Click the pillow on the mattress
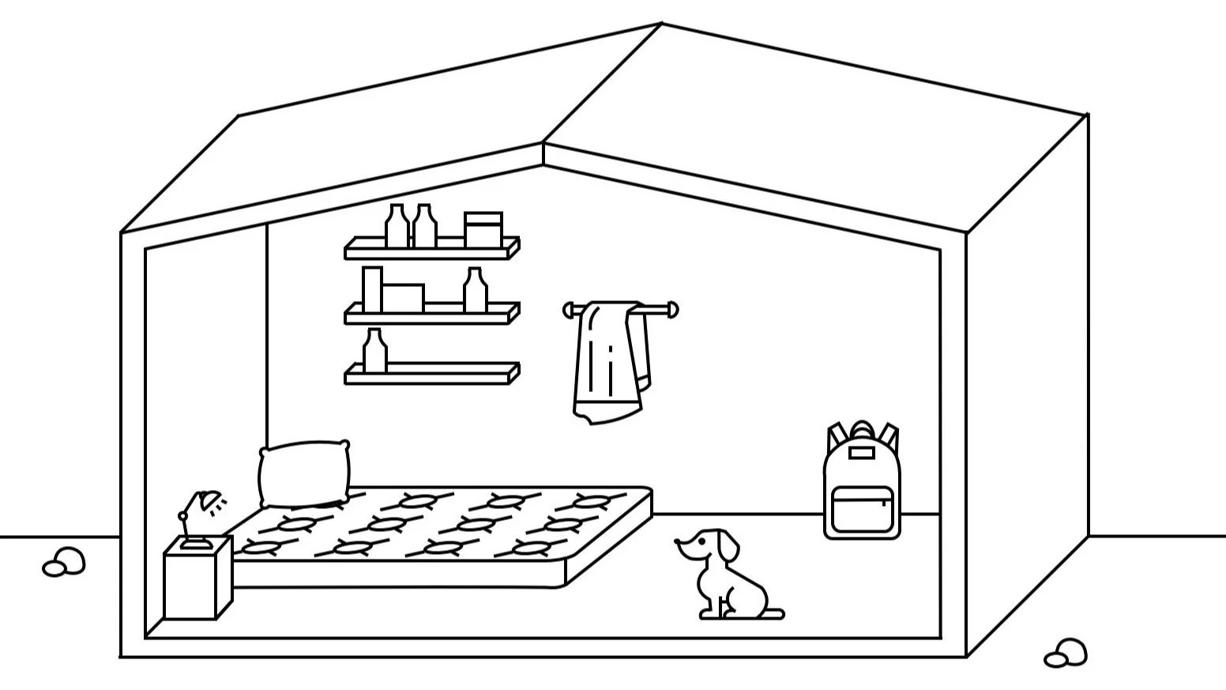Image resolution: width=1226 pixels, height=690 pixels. pyautogui.click(x=304, y=473)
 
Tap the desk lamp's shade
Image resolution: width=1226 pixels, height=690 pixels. pyautogui.click(x=209, y=501)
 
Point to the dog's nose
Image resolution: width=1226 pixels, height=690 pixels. pyautogui.click(x=678, y=542)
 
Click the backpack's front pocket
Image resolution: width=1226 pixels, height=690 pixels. pyautogui.click(x=862, y=509)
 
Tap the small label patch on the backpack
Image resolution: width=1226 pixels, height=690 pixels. pyautogui.click(x=861, y=454)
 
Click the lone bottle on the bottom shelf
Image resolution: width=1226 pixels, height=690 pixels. pyautogui.click(x=375, y=352)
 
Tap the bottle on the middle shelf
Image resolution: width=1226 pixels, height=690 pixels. pyautogui.click(x=474, y=290)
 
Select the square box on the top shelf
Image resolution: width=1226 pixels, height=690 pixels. pyautogui.click(x=483, y=229)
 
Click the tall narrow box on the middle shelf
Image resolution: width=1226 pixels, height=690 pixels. pyautogui.click(x=371, y=289)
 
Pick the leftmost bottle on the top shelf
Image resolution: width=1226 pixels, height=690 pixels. pyautogui.click(x=397, y=227)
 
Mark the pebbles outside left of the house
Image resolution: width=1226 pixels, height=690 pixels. pyautogui.click(x=64, y=562)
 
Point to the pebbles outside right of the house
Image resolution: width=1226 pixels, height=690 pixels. pyautogui.click(x=1066, y=654)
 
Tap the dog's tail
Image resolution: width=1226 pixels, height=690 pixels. pyautogui.click(x=773, y=613)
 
